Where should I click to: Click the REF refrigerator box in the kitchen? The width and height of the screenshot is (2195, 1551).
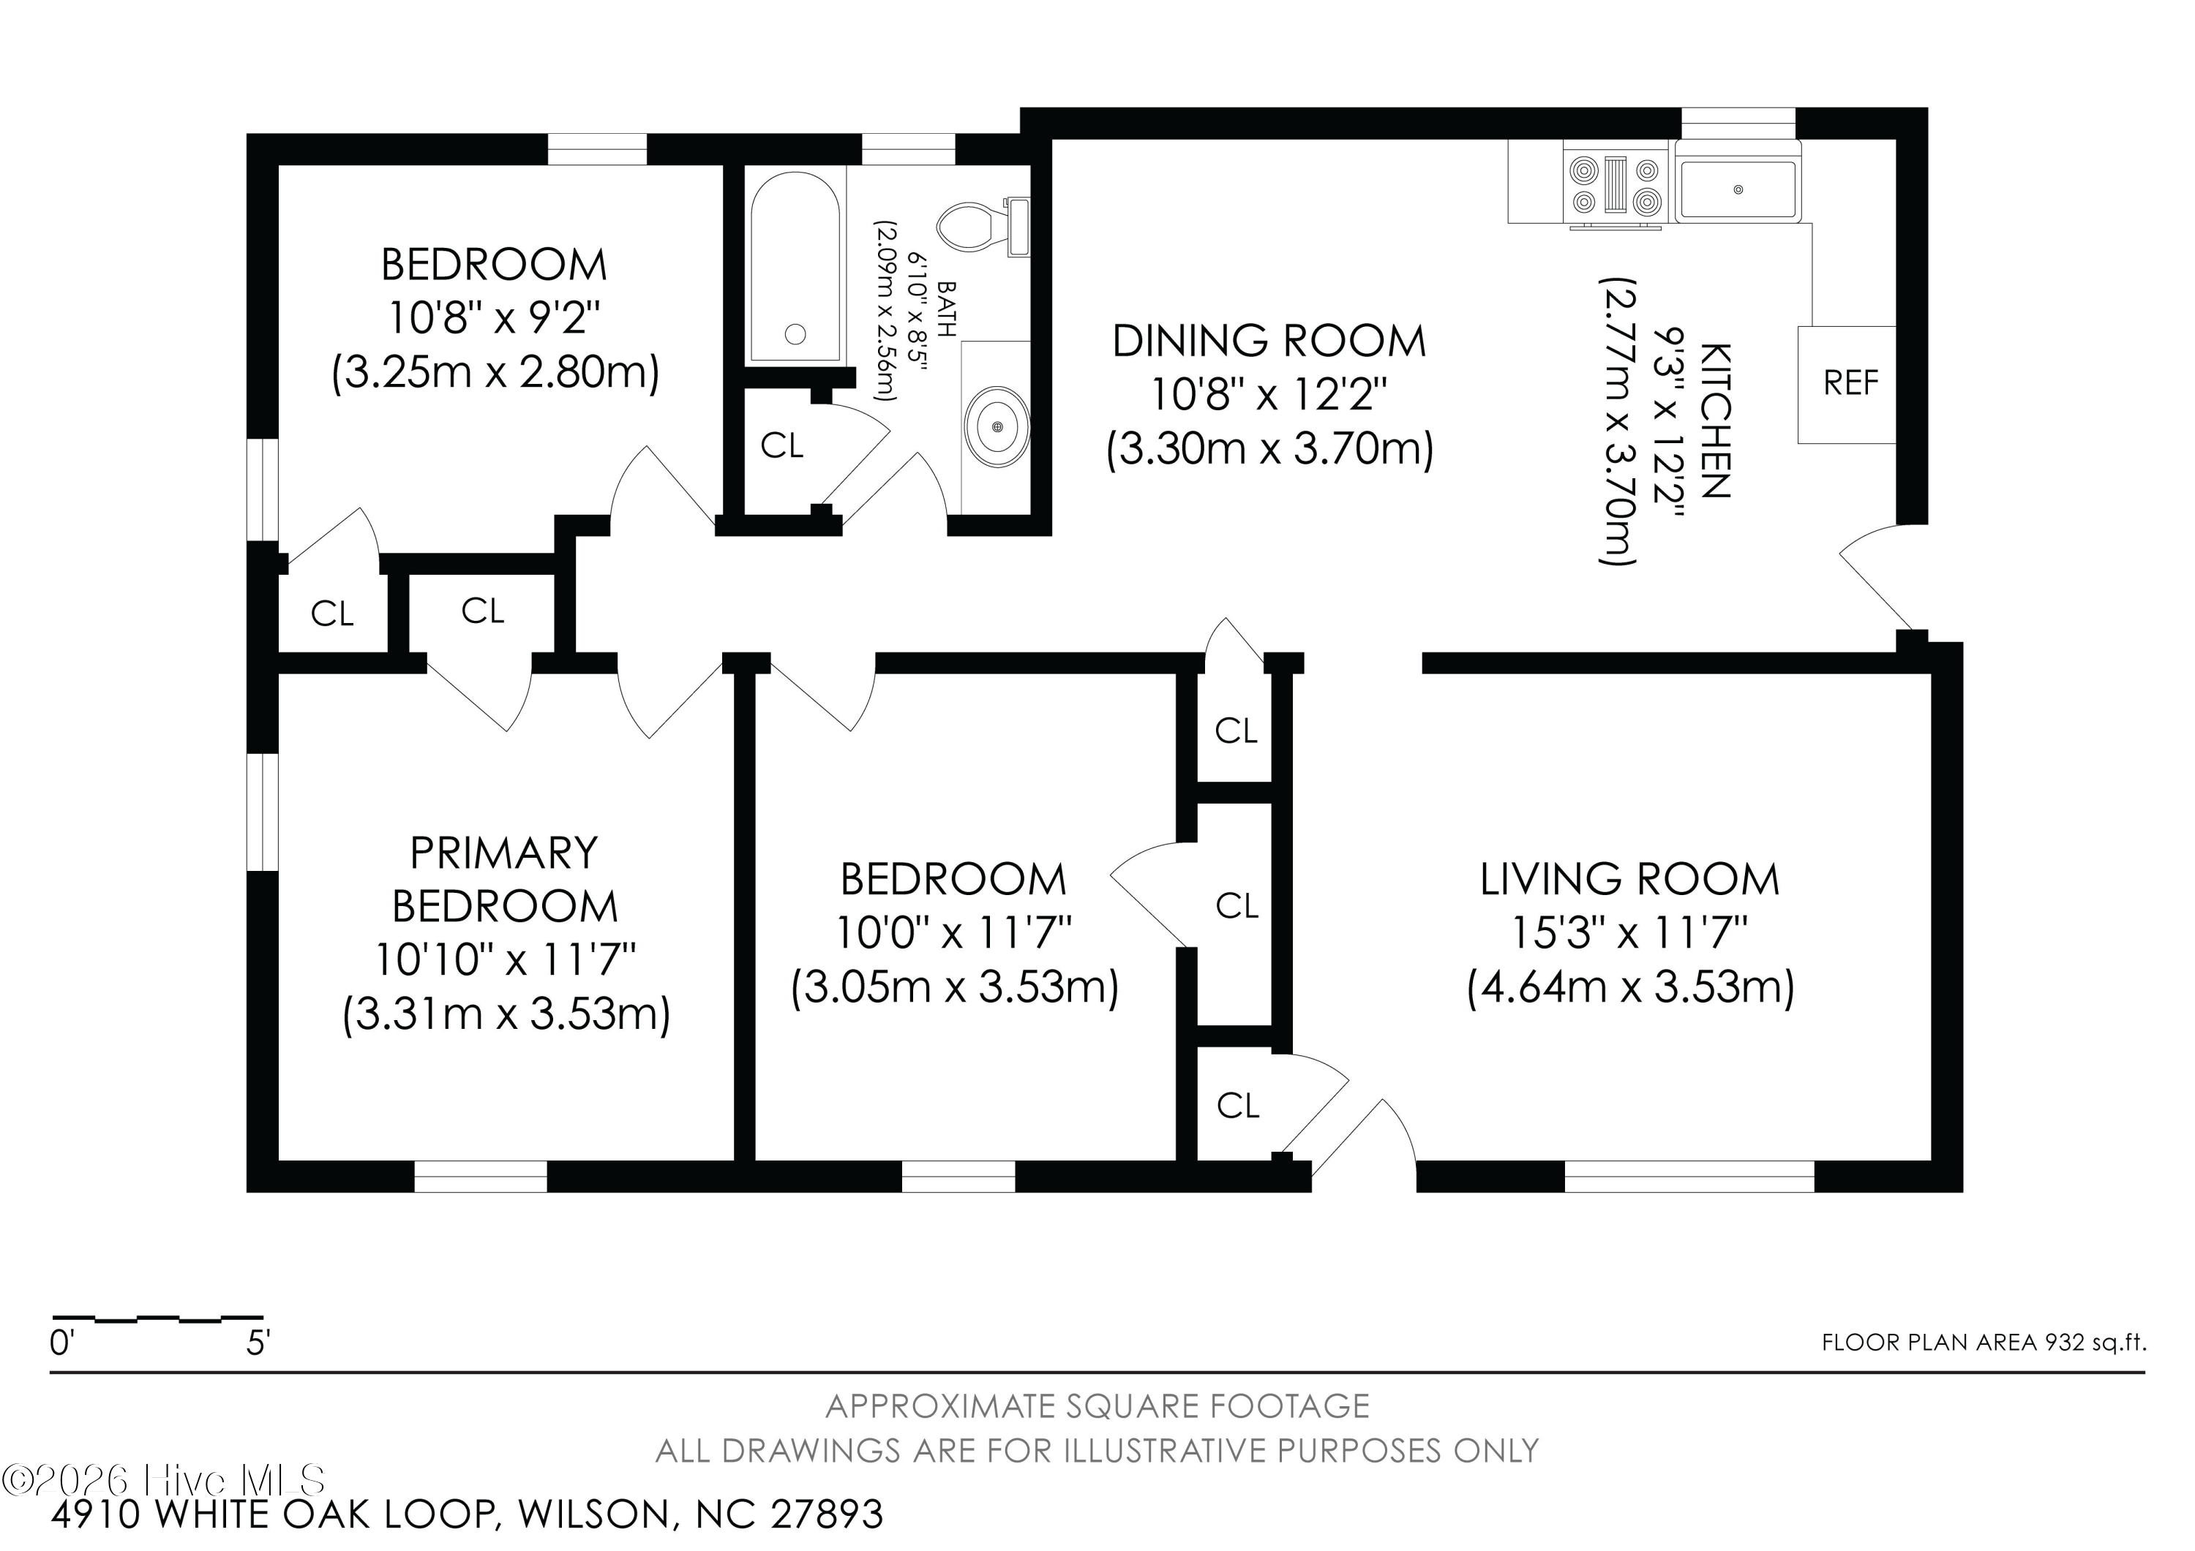[x=1846, y=384]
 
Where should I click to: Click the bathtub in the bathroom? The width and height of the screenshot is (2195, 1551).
[x=795, y=267]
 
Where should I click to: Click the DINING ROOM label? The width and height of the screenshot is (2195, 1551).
[x=1269, y=341]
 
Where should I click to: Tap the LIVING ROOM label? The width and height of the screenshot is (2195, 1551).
[x=1630, y=879]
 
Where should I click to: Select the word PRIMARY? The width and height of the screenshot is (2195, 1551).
[x=504, y=853]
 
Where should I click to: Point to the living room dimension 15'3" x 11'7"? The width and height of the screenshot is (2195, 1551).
[x=1630, y=932]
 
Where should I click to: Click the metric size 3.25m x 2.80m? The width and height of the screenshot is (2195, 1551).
[x=495, y=371]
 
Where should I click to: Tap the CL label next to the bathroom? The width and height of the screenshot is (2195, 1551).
[x=782, y=445]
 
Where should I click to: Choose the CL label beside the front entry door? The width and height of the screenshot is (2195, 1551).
[x=1238, y=1106]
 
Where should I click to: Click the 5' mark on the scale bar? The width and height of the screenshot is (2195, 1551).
[x=258, y=1343]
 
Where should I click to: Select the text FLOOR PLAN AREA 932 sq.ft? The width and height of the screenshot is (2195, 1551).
[x=1984, y=1342]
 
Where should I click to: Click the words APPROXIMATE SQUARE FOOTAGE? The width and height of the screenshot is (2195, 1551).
[x=1097, y=1405]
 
